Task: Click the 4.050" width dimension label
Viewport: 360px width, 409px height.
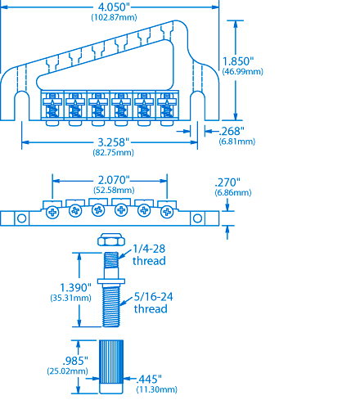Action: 113,7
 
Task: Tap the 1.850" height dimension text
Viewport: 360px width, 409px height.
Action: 238,61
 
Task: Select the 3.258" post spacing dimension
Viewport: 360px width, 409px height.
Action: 113,142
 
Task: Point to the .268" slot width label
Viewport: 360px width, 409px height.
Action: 232,131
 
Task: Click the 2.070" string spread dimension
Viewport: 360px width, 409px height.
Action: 114,180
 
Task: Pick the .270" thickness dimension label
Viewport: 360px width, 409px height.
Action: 227,182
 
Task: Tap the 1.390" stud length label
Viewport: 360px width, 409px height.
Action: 75,287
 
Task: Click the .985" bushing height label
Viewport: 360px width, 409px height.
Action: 75,361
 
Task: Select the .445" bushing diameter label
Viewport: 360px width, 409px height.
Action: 149,379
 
